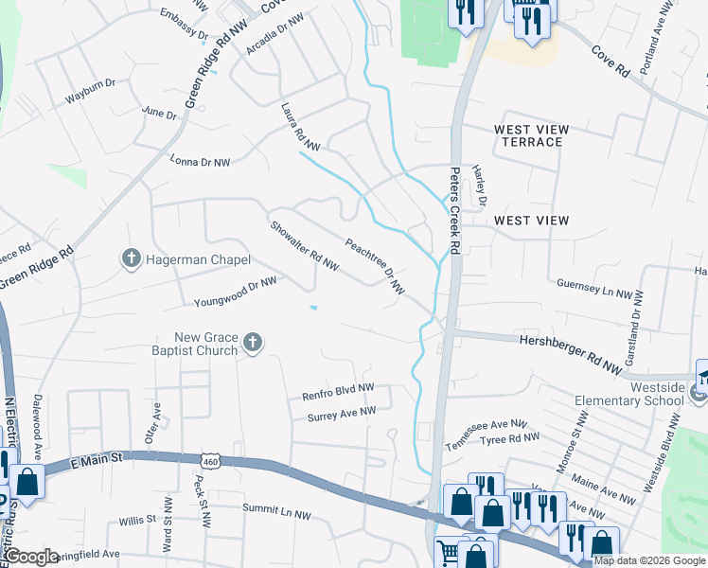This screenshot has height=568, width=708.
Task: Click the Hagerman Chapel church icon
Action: coord(132,257)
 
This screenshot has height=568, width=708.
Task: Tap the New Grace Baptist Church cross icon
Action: coord(253,343)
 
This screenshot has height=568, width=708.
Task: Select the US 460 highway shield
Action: coord(209,460)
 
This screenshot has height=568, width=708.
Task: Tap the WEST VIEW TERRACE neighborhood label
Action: coord(530,135)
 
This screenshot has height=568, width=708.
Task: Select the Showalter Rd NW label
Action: coord(304,246)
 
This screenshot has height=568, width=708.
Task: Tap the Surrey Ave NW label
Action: coord(342,412)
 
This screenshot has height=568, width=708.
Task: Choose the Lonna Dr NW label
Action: coord(199,163)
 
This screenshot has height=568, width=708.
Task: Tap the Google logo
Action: coord(32,557)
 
